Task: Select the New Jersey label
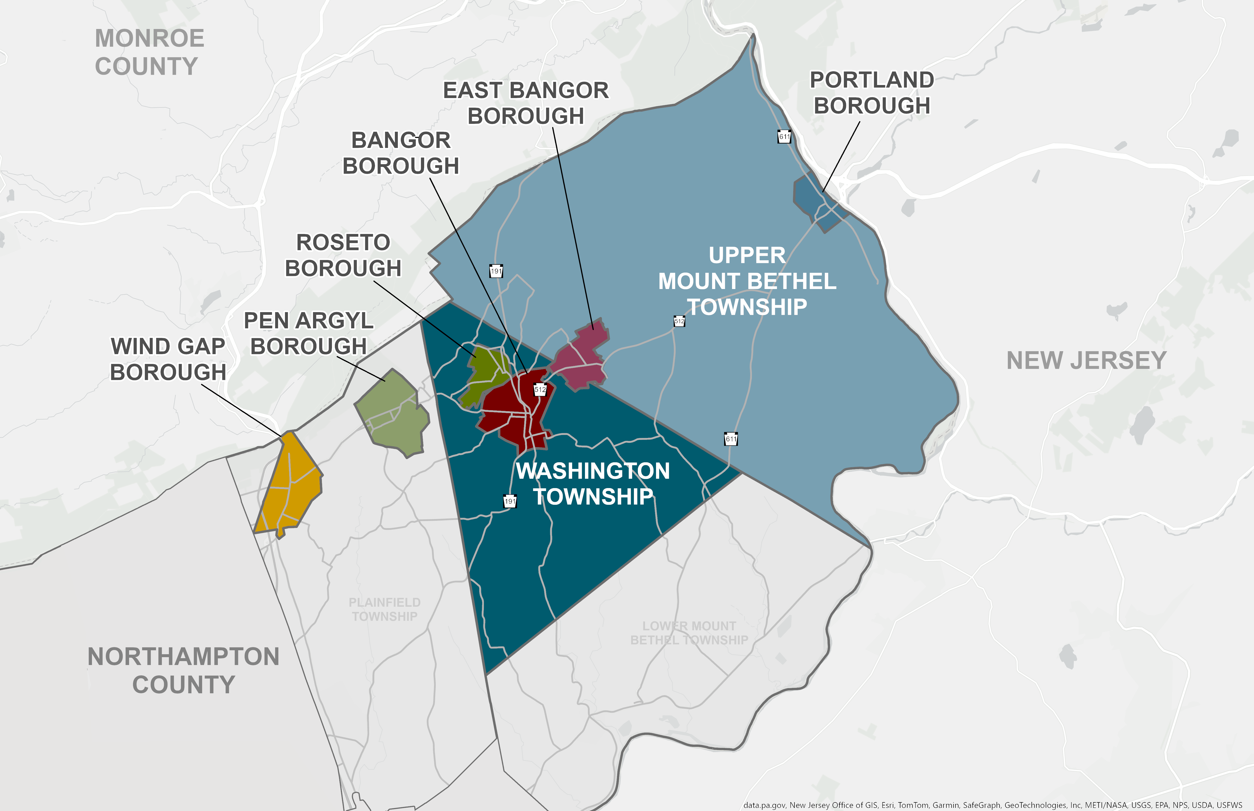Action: [x=1087, y=361]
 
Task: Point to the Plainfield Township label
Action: [x=385, y=609]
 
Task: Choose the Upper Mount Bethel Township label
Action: [x=747, y=281]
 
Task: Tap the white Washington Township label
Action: [x=593, y=483]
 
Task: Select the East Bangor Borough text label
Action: [x=526, y=103]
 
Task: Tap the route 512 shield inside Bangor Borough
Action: [x=540, y=390]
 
